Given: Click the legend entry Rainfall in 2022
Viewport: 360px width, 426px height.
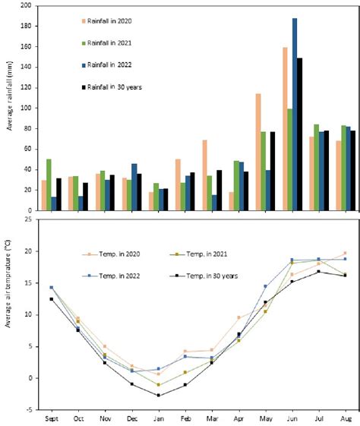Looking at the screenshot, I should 107,66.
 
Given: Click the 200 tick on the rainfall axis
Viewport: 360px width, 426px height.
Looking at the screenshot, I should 27,5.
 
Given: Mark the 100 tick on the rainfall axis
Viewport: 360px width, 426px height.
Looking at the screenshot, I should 27,108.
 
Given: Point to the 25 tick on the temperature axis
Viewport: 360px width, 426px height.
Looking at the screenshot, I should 30,219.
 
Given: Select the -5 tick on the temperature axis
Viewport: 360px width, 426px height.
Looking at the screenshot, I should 30,410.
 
